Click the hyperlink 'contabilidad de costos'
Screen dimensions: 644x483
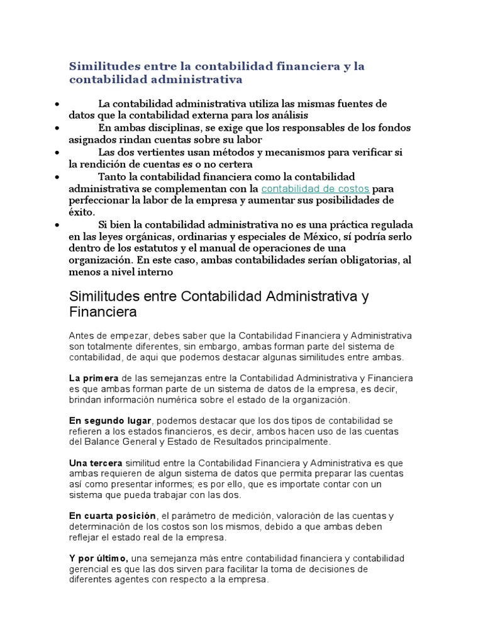pyautogui.click(x=315, y=189)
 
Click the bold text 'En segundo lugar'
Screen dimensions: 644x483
pyautogui.click(x=110, y=420)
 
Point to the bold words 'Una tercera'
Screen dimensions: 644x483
pyautogui.click(x=96, y=462)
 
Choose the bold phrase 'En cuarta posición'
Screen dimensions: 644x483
pyautogui.click(x=112, y=516)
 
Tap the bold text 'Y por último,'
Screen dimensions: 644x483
pyautogui.click(x=99, y=558)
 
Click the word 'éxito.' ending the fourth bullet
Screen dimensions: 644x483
pyautogui.click(x=82, y=213)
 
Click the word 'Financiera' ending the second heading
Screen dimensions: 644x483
pyautogui.click(x=103, y=312)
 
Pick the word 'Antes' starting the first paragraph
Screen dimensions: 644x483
pyautogui.click(x=81, y=335)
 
